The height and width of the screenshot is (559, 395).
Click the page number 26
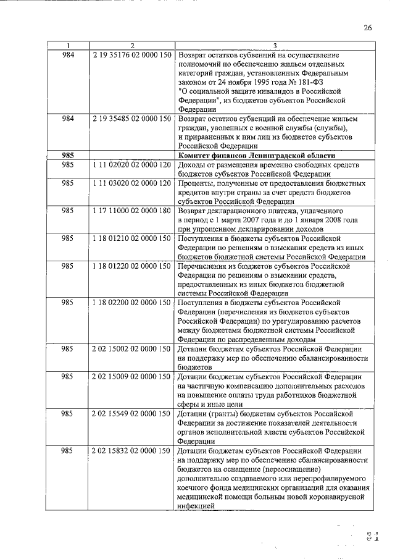368,28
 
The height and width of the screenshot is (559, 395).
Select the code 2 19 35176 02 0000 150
131,55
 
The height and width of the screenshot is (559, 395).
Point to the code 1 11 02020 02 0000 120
131,166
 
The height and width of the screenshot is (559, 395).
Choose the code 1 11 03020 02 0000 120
131,184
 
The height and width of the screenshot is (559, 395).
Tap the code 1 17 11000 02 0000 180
131,211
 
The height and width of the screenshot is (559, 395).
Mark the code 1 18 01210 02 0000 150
131,238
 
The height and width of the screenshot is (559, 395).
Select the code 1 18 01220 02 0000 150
131,266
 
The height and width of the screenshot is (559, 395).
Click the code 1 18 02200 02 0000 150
131,303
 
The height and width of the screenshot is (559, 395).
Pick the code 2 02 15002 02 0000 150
131,348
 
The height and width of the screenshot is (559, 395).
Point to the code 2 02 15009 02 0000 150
131,375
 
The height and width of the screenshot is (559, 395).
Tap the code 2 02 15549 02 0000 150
131,412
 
